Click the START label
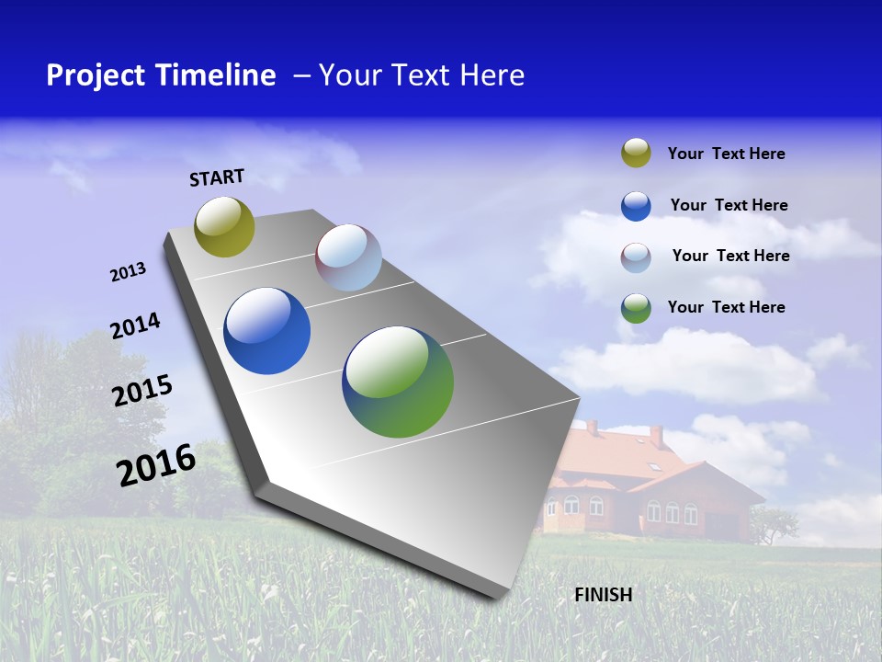[x=217, y=177]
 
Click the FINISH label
[x=603, y=595]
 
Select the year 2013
[x=128, y=272]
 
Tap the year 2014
[x=135, y=325]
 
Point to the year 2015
[x=142, y=390]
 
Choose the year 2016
[x=156, y=465]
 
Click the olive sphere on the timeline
[x=224, y=226]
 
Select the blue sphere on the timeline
[x=266, y=331]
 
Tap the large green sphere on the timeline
[x=398, y=382]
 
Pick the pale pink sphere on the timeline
[x=348, y=257]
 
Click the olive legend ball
[x=636, y=154]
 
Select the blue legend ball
[x=636, y=206]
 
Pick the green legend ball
[x=636, y=308]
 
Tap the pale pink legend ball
[x=636, y=257]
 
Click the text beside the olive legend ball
[x=726, y=154]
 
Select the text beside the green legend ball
[x=726, y=307]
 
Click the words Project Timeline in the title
[x=161, y=75]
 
